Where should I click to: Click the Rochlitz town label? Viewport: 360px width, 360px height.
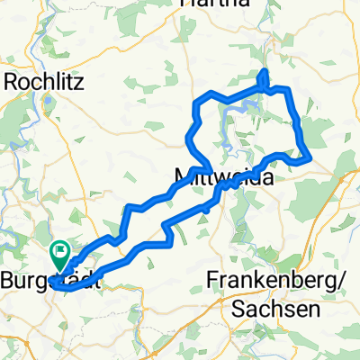46,82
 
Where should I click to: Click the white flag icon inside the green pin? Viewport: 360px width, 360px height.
61,253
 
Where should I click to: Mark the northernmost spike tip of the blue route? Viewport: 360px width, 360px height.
264,70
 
